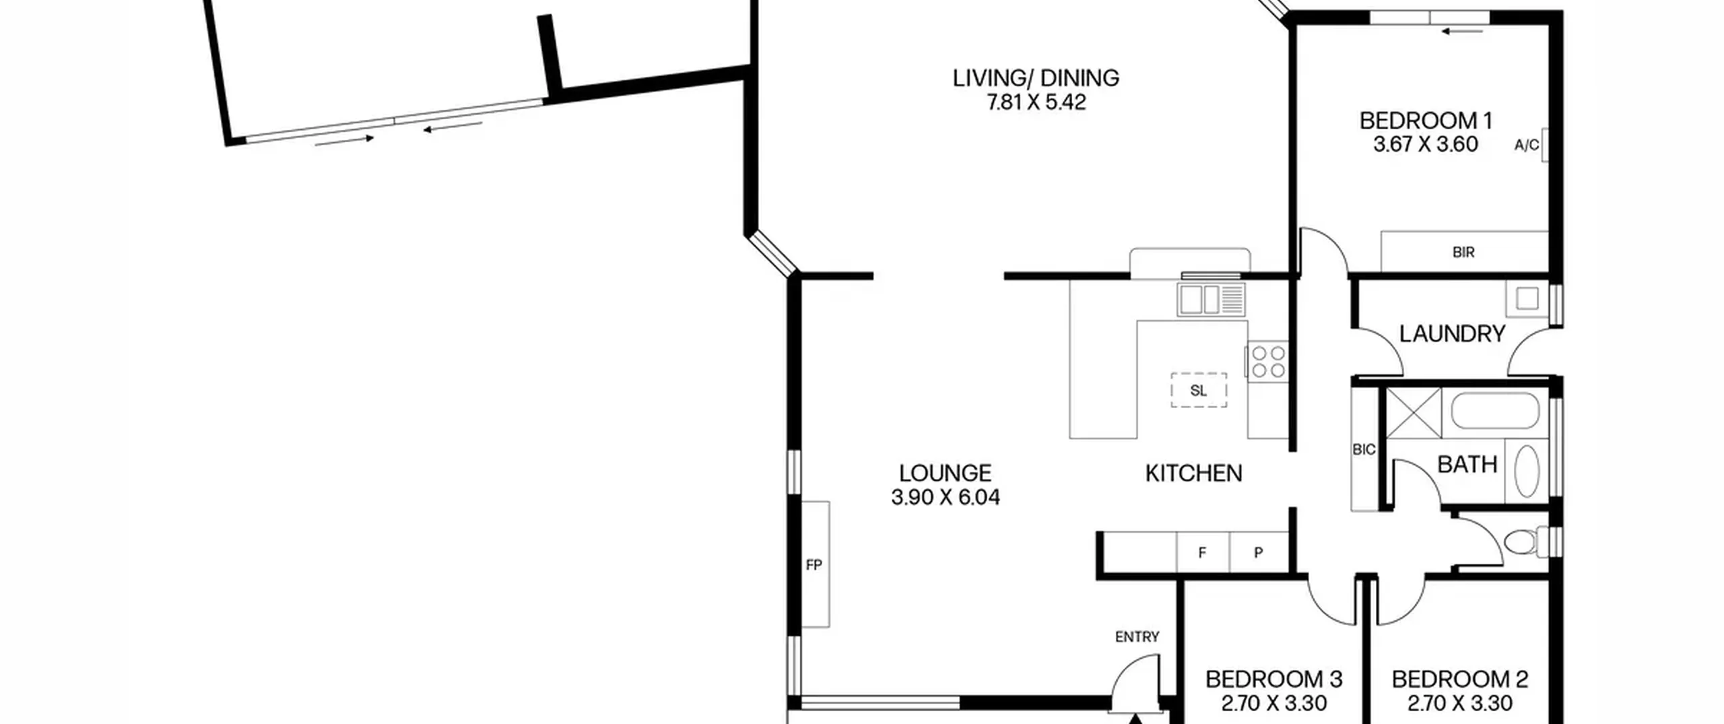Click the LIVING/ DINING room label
(x=1036, y=78)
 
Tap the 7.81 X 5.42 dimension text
(x=1036, y=102)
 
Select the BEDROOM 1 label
(x=1426, y=121)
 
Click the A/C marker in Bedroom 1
(x=1527, y=145)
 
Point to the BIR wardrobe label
(x=1463, y=253)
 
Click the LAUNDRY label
(x=1452, y=334)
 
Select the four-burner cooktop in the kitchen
(x=1268, y=362)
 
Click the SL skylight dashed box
(x=1199, y=390)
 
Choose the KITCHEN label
(x=1193, y=473)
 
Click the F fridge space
(x=1203, y=552)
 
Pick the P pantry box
(x=1259, y=552)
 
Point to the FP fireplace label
(x=814, y=565)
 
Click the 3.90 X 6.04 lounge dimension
(x=946, y=497)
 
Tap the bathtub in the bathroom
(x=1495, y=412)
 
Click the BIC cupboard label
(x=1364, y=449)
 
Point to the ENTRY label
(x=1137, y=636)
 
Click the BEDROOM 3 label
(x=1274, y=679)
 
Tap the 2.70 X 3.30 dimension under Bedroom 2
(x=1460, y=703)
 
